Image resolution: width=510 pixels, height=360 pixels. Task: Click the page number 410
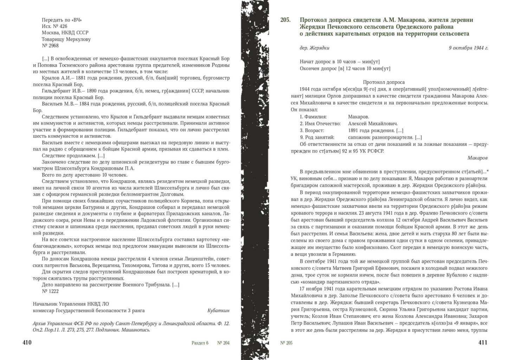click(27, 343)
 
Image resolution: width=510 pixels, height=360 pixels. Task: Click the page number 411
click(483, 343)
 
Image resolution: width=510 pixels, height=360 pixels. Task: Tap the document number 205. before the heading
click(285, 20)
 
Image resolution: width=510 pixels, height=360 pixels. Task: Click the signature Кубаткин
click(218, 310)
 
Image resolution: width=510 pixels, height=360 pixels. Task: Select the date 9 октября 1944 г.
click(468, 48)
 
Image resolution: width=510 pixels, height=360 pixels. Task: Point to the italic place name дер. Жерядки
click(315, 48)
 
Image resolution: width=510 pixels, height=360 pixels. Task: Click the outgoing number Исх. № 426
click(54, 26)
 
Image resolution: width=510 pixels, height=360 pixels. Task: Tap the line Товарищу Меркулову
click(66, 39)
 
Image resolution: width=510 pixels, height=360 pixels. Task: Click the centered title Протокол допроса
click(384, 82)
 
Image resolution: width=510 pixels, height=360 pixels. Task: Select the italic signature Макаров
click(477, 158)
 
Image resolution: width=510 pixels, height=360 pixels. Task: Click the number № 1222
click(50, 291)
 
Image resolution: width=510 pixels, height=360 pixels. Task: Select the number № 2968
click(50, 46)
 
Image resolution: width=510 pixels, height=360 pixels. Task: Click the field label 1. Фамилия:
click(313, 117)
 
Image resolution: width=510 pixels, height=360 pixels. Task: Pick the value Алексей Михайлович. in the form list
click(373, 124)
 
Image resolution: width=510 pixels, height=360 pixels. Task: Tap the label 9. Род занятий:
click(317, 137)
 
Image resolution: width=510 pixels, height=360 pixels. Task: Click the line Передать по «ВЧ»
click(62, 20)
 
